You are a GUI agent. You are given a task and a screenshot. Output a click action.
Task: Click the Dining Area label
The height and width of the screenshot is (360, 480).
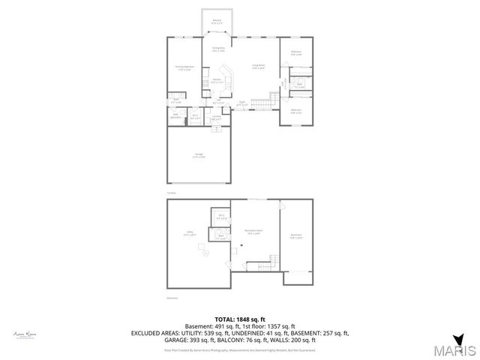tap(218, 49)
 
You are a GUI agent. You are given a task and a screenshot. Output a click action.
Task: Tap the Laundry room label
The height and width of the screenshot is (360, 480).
tap(216, 118)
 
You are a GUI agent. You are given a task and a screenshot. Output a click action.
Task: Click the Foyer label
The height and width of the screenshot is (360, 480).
tap(241, 103)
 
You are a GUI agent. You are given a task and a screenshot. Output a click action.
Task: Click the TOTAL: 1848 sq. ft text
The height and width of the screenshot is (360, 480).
tap(240, 319)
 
